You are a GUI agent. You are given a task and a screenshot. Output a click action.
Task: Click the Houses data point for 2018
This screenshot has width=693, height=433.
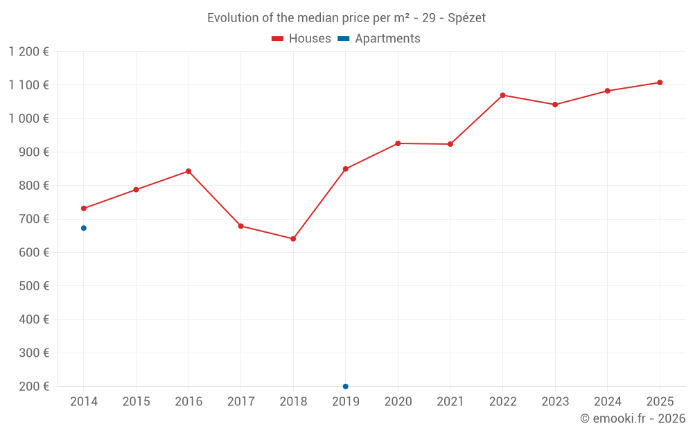[293, 239]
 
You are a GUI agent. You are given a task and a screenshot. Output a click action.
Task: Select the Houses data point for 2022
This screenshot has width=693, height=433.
[502, 95]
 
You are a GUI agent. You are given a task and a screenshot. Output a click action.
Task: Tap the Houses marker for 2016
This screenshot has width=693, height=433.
[188, 171]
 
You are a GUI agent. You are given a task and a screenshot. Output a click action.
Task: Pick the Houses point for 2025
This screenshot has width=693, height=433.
[660, 82]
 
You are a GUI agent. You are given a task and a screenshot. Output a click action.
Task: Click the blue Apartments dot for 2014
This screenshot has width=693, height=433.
[84, 228]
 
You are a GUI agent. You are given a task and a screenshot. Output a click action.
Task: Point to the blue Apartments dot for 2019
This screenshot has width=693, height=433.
[345, 386]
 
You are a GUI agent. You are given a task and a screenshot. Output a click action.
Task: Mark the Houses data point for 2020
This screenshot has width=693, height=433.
[398, 143]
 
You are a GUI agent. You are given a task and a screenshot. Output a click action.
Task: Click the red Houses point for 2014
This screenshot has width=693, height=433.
[84, 209]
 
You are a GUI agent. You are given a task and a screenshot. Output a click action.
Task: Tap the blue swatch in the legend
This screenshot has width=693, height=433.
[343, 39]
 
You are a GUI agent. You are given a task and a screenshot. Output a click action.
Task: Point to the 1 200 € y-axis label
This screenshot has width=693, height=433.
[29, 51]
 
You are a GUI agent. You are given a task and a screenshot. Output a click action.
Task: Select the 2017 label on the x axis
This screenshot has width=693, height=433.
[240, 402]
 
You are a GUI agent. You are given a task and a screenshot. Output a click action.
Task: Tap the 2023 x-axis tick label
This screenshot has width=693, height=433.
[555, 402]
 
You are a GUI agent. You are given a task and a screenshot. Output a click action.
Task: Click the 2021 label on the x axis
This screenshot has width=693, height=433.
[450, 402]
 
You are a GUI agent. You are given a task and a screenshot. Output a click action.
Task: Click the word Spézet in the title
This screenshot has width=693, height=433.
[466, 18]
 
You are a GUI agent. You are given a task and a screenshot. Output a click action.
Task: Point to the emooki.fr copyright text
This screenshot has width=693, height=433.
[633, 418]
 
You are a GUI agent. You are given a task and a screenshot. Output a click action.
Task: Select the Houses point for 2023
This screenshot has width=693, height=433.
[555, 105]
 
